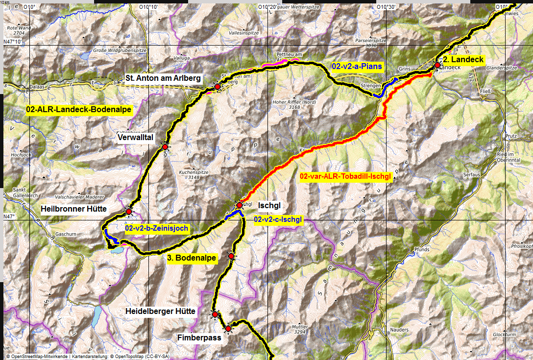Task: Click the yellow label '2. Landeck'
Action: [462, 60]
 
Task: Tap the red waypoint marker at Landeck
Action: [437, 65]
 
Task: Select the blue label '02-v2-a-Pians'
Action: [357, 66]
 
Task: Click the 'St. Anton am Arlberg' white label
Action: [163, 77]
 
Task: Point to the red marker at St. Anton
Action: [217, 87]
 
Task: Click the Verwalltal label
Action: [136, 138]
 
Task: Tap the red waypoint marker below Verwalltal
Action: [165, 147]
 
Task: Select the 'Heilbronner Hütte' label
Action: [74, 209]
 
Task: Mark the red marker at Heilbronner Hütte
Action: [129, 212]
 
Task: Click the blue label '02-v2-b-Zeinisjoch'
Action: [157, 228]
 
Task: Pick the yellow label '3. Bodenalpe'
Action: [192, 258]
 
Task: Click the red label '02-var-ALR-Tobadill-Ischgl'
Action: [345, 176]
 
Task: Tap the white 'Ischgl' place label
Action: [268, 205]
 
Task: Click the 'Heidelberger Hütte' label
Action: [160, 311]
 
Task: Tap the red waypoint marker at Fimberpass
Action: [228, 328]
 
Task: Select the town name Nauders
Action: [400, 330]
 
